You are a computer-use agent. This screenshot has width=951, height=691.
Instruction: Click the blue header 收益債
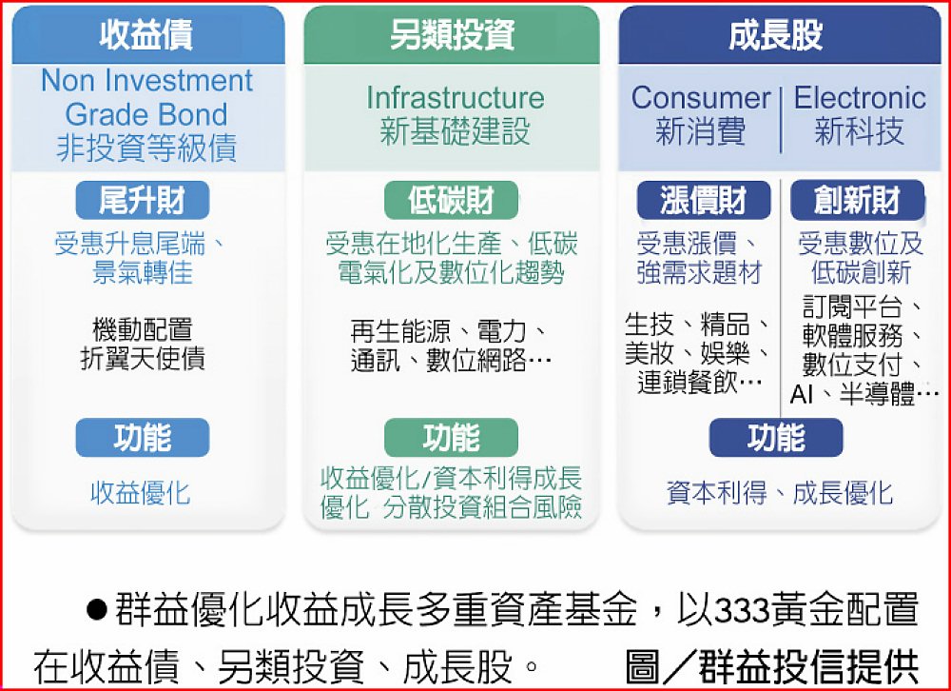148,34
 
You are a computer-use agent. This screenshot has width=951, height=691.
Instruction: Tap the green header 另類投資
451,34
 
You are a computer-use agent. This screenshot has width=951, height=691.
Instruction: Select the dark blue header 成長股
780,34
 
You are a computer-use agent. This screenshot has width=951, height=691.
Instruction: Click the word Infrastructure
455,98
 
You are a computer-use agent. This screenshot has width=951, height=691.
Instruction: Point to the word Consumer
701,98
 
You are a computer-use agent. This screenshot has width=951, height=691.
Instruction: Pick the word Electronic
860,98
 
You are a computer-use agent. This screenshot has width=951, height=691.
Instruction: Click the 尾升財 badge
143,201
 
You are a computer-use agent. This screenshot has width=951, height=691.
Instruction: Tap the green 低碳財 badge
451,201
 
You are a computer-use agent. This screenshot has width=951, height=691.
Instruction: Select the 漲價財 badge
704,201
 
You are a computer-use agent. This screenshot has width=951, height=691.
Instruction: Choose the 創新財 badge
858,201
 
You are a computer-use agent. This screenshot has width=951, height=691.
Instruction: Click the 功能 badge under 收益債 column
143,438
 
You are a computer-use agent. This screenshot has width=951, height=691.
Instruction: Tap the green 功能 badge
451,438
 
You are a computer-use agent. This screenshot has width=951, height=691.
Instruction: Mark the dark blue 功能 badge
776,438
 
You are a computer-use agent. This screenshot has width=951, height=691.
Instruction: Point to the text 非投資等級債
146,148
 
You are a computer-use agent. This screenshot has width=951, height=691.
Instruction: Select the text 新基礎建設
455,131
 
